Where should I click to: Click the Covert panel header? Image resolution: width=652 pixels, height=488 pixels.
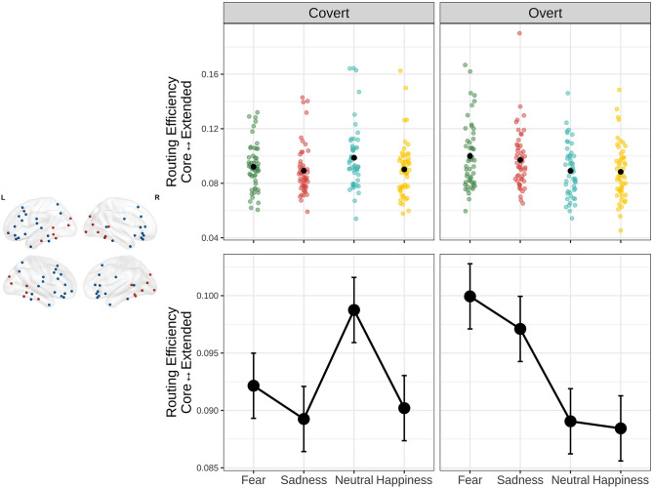click(326, 15)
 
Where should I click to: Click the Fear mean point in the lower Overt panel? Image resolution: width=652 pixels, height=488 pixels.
click(469, 296)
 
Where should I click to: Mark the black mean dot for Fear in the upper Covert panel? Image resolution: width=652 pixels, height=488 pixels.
click(253, 167)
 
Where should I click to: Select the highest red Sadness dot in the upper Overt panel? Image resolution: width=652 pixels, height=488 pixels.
click(519, 33)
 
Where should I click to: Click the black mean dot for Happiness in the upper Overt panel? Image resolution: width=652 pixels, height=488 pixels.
click(620, 172)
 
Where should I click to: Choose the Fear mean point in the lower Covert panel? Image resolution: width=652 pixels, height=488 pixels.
click(253, 386)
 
